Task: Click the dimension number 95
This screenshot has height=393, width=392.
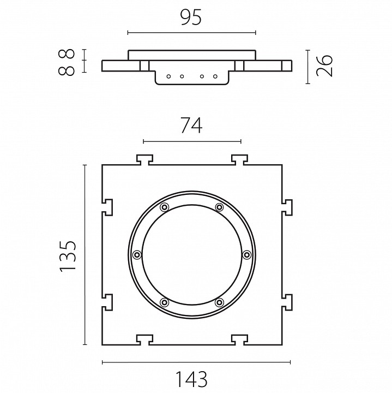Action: [191, 18]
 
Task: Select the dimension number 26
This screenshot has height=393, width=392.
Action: [324, 65]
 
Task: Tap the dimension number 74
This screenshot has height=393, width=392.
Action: [191, 126]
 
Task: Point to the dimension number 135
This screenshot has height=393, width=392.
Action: [68, 256]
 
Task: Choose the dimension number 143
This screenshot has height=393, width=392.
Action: [192, 379]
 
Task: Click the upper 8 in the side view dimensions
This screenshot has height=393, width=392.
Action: [67, 53]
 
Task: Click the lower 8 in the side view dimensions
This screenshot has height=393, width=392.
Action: [67, 70]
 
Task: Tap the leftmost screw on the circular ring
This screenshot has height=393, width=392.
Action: [137, 255]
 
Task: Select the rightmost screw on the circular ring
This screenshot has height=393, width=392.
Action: [247, 255]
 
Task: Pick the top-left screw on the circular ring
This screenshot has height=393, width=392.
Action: [164, 207]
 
